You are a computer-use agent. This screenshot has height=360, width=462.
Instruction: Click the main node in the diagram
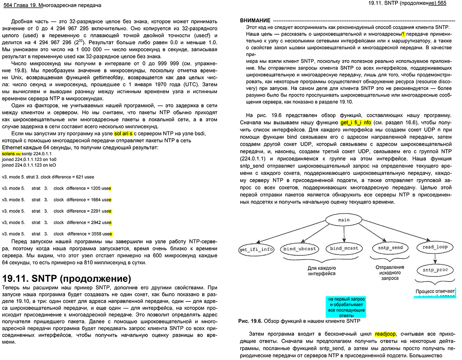click(x=343, y=220)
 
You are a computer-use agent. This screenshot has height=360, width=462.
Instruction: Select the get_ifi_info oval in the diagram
click(x=256, y=249)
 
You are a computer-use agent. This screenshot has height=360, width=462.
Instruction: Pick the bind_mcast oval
click(x=344, y=248)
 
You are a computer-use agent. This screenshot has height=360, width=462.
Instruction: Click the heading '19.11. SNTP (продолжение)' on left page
click(x=67, y=278)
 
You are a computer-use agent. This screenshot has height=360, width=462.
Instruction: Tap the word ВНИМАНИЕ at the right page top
click(x=254, y=20)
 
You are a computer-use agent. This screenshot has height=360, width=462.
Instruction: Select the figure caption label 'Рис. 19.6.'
click(x=250, y=321)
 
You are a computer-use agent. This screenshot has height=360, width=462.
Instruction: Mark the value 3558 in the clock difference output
click(x=96, y=234)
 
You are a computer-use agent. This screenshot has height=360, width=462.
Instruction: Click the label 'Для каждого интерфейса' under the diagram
click(x=321, y=270)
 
